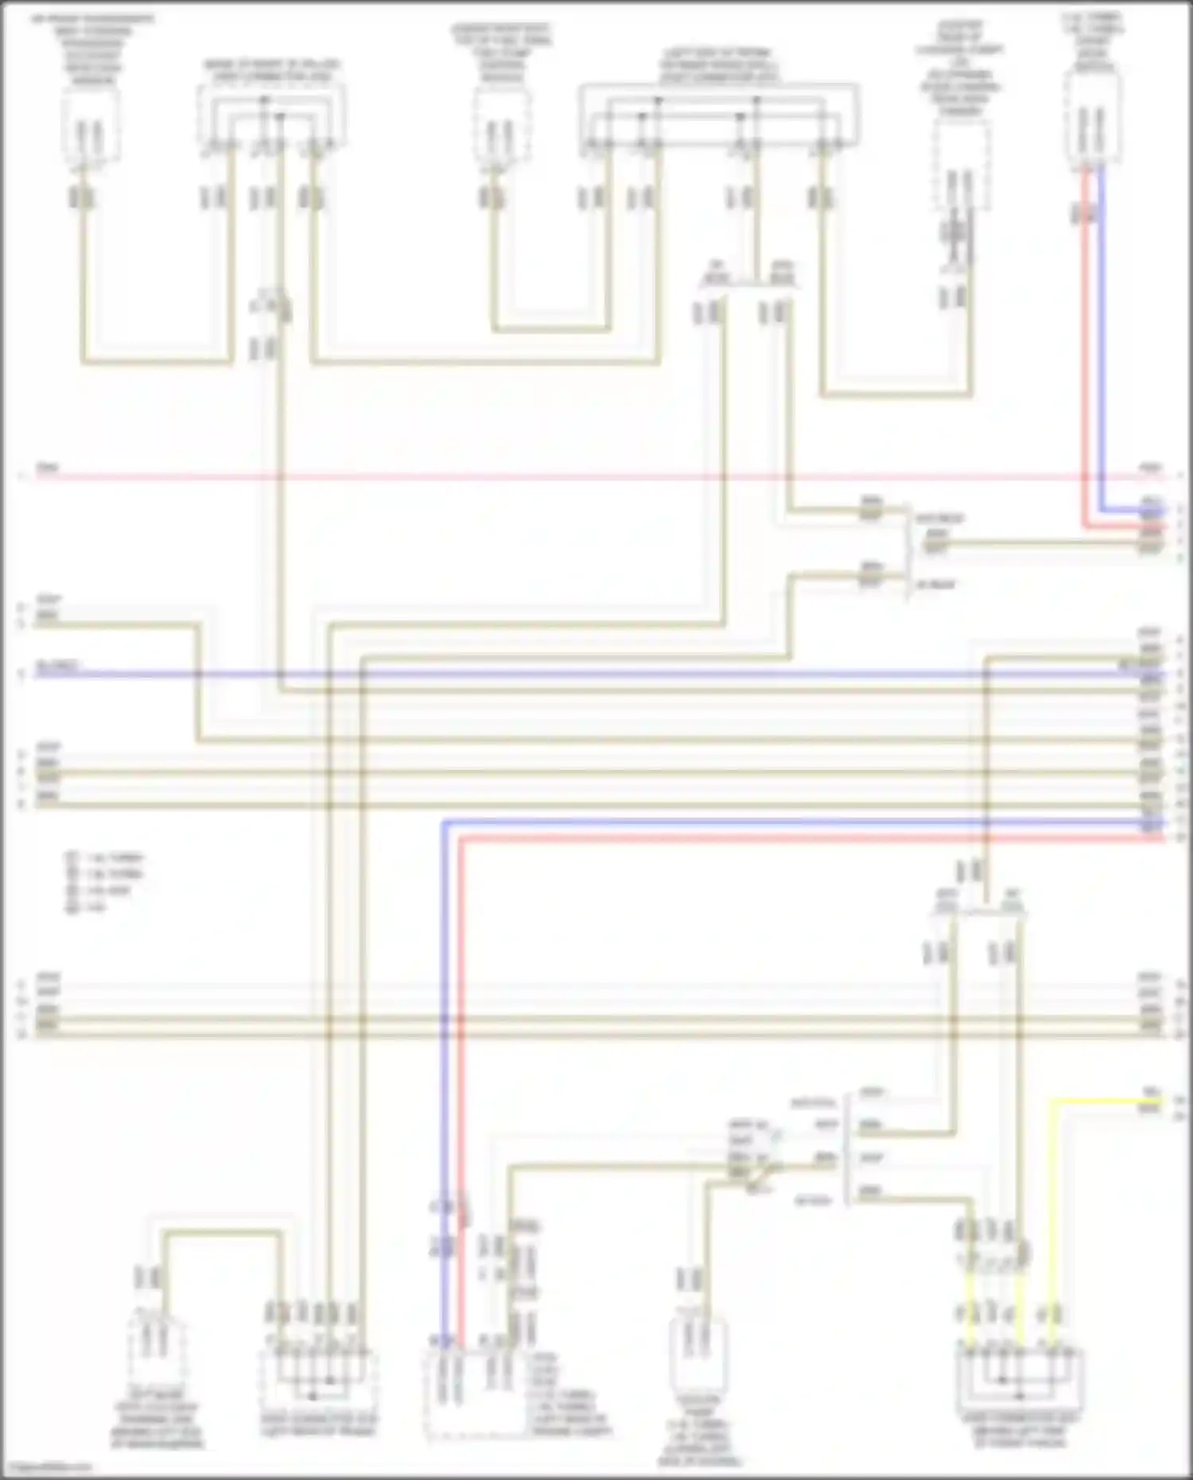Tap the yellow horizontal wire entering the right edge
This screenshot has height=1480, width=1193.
coord(1106,1101)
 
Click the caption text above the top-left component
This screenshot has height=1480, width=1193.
coord(93,48)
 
